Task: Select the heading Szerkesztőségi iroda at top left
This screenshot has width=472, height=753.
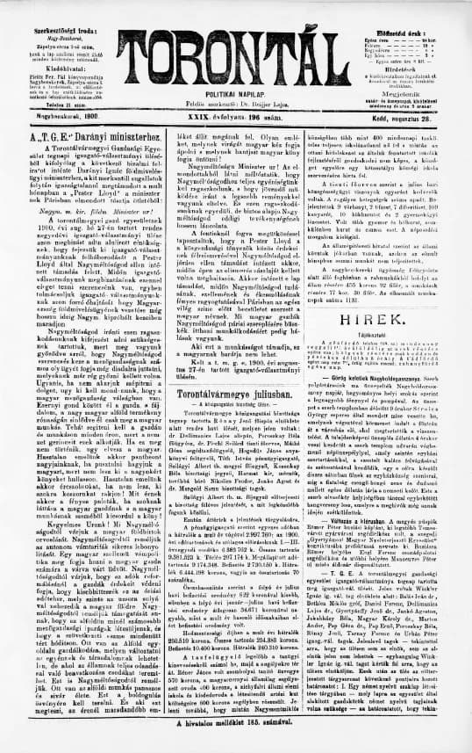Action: point(59,8)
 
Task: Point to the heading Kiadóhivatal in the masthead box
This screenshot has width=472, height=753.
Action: point(59,40)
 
